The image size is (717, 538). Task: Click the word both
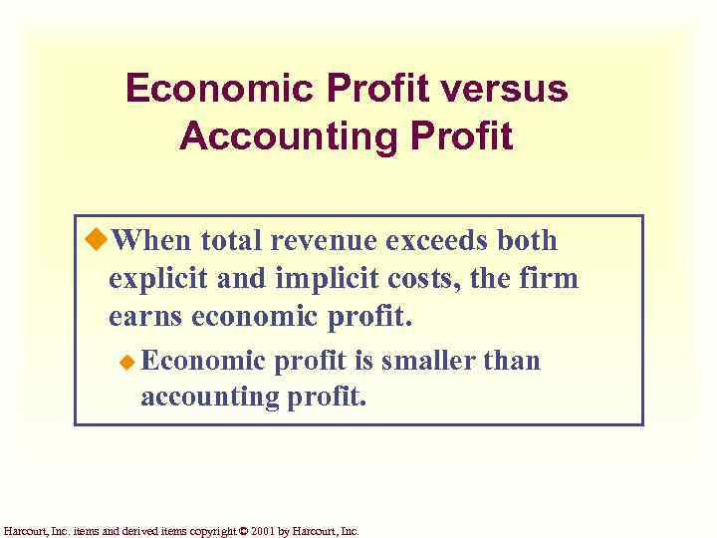tap(529, 241)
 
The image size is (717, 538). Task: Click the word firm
tap(550, 278)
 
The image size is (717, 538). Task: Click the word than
tap(511, 360)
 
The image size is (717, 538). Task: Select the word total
tap(231, 241)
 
